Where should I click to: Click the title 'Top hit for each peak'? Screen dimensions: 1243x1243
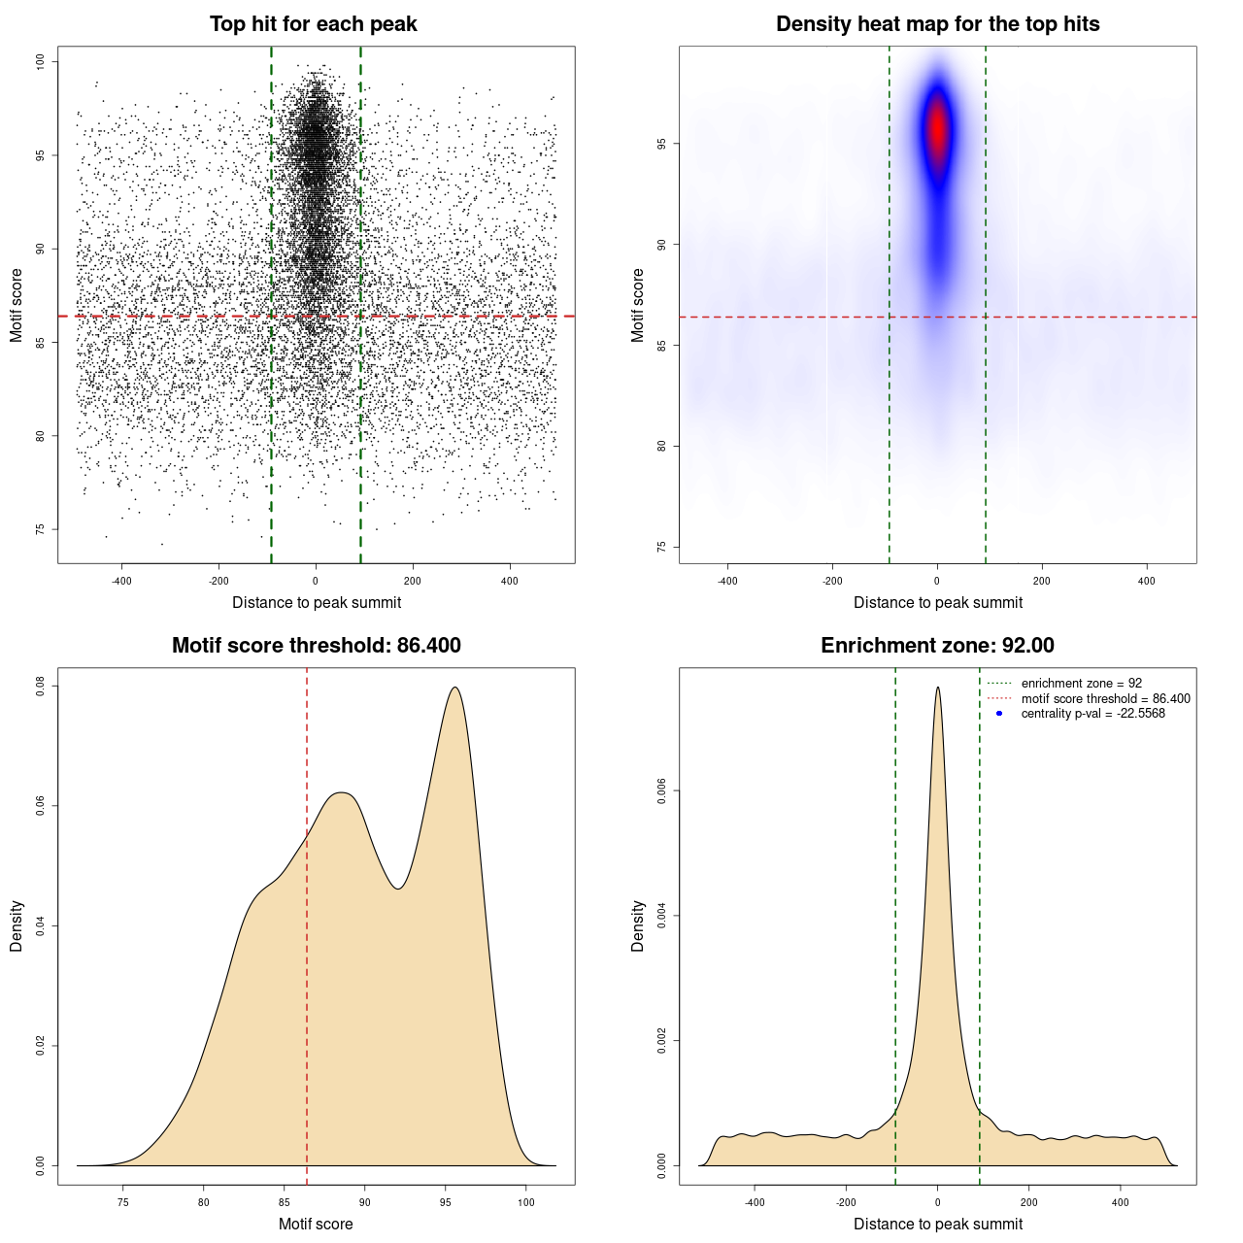click(x=314, y=24)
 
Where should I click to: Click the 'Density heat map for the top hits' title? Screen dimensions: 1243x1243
click(x=937, y=24)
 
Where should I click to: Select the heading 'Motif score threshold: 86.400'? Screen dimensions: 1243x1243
click(x=316, y=646)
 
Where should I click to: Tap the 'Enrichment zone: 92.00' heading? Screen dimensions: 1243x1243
click(x=937, y=646)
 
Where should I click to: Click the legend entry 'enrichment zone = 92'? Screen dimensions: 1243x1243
click(x=1081, y=684)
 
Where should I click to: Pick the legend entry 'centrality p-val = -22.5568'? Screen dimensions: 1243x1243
click(x=1092, y=714)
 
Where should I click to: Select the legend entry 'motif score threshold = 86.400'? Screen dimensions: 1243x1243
click(x=1105, y=699)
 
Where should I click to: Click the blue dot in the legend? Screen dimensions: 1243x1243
click(x=999, y=714)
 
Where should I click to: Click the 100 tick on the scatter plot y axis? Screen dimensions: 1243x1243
click(x=40, y=62)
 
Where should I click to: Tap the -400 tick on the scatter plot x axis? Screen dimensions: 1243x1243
click(x=121, y=581)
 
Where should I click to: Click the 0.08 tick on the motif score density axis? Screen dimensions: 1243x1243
click(x=40, y=687)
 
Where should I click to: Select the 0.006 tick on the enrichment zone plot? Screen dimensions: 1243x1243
click(x=661, y=791)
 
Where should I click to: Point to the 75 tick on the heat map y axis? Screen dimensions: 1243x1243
click(x=661, y=548)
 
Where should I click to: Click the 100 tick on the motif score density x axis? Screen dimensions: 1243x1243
click(x=525, y=1202)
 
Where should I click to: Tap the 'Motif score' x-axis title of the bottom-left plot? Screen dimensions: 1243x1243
click(x=316, y=1224)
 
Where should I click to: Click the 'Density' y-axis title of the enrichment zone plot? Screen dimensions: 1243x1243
click(x=638, y=925)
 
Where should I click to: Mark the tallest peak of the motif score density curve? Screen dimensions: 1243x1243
click(x=454, y=688)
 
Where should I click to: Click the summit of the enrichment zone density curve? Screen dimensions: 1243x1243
click(x=937, y=688)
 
